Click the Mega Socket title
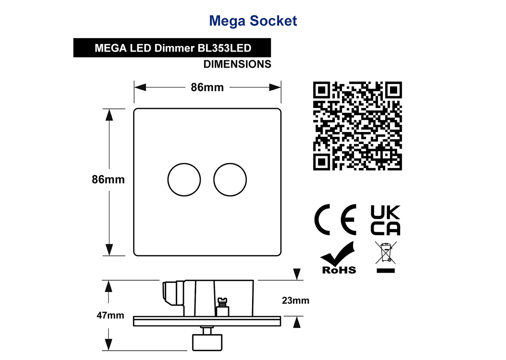pos(253,21)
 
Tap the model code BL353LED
pos(224,48)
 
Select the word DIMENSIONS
pos(237,64)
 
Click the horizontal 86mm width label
pos(207,87)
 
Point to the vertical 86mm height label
pos(108,179)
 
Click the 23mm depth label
pos(296,300)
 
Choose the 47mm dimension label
pos(110,315)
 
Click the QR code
pos(358,126)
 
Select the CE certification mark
pos(335,219)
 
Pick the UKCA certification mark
pos(385,220)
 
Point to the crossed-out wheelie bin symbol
pos(385,257)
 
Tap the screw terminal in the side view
pos(223,307)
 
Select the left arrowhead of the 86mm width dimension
pos(140,87)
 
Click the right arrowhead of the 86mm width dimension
pos(275,87)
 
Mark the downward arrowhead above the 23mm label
pos(297,274)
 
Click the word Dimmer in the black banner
pos(175,48)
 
